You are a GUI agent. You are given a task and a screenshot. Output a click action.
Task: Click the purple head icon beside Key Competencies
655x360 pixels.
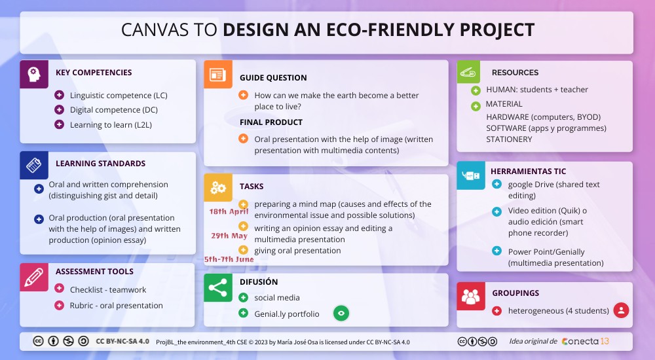(x=34, y=74)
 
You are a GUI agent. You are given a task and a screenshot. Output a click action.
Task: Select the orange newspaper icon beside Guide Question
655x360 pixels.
(x=217, y=75)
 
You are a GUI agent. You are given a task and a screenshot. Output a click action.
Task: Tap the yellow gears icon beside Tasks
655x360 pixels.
(x=217, y=187)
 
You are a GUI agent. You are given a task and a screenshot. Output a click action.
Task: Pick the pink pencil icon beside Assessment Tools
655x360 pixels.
(x=34, y=277)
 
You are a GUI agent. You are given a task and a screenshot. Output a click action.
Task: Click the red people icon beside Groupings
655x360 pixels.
(x=470, y=296)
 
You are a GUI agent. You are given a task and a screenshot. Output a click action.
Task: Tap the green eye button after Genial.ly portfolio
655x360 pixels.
(x=341, y=314)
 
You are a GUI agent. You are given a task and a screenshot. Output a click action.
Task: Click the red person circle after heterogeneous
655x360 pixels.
(x=621, y=310)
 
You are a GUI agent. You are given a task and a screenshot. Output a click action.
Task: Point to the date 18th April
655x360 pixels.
(x=229, y=211)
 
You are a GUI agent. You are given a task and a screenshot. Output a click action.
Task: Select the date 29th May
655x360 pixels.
(x=229, y=236)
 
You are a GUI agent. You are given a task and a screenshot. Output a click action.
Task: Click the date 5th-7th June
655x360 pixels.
(x=229, y=259)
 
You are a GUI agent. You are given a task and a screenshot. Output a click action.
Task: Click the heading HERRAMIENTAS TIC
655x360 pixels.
(x=528, y=171)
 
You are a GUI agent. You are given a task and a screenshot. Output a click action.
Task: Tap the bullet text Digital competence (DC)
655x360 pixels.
(x=113, y=110)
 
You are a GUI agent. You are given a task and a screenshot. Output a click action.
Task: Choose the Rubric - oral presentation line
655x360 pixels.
(x=116, y=305)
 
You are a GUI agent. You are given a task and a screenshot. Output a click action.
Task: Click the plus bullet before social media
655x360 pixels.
(x=243, y=298)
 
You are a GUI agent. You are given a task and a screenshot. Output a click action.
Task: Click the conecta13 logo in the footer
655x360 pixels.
(x=585, y=341)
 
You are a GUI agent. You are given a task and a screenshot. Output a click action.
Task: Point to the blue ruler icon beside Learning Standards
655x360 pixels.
(x=34, y=166)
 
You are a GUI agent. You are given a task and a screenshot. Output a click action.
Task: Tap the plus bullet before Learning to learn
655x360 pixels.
(x=58, y=124)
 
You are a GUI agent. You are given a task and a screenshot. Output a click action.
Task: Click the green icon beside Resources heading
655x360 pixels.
(x=470, y=72)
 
